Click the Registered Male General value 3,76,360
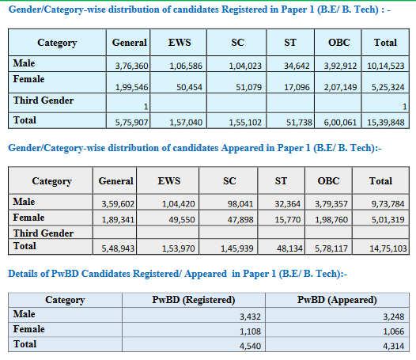pos(131,66)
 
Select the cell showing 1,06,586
pos(186,66)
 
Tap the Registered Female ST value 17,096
pos(297,87)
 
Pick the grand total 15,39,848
pos(386,123)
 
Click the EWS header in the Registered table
pos(180,43)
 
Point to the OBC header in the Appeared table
pos(328,181)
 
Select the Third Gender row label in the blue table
pos(43,100)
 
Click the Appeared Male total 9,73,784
pos(388,204)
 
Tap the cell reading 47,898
pos(240,220)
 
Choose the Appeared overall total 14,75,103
pos(388,248)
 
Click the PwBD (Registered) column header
pos(194,300)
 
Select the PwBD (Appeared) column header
pos(337,300)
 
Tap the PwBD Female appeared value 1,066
pos(394,332)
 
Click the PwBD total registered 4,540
pos(250,346)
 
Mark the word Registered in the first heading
pos(244,9)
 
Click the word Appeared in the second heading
pos(242,148)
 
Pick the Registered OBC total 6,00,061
pos(340,123)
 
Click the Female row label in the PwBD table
pos(28,329)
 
